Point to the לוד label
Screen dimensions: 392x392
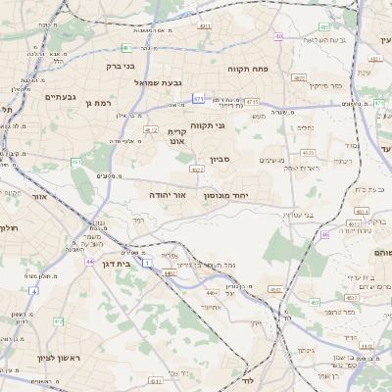click(x=247, y=379)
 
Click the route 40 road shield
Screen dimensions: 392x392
click(x=279, y=37)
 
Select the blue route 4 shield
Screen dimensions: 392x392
click(x=33, y=291)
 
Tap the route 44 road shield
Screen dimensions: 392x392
click(x=89, y=262)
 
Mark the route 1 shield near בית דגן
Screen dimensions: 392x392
click(x=146, y=263)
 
